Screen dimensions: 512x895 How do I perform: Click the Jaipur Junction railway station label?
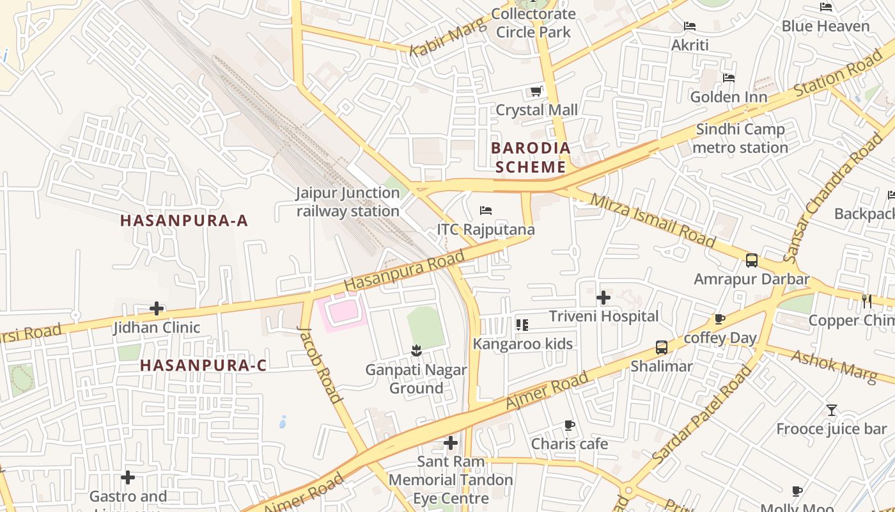point(348,202)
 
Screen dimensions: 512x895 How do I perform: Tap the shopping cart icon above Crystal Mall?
point(536,92)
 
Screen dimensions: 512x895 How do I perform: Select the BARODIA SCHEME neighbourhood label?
point(531,157)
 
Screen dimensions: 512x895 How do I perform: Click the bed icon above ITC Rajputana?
point(486,211)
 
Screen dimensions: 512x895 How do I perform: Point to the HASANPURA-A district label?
point(184,221)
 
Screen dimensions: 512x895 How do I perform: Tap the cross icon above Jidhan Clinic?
point(157,309)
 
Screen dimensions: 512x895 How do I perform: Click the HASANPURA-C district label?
point(203,365)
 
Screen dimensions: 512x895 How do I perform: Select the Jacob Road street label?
point(320,364)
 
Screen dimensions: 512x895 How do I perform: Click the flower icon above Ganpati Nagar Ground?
point(416,351)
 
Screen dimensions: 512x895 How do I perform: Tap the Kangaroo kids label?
point(523,344)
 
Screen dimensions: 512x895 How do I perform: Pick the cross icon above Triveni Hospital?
point(603,298)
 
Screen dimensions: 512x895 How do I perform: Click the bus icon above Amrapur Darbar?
point(752,260)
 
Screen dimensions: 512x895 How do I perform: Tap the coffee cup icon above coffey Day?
point(720,319)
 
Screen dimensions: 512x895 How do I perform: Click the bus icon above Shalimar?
point(662,348)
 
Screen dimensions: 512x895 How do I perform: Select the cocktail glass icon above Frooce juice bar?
point(831,410)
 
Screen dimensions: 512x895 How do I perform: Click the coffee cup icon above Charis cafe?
point(569,425)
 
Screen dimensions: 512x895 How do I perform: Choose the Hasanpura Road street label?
point(404,271)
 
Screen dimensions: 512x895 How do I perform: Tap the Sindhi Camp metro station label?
point(740,138)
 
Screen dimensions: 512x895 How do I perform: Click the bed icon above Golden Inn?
point(728,78)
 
